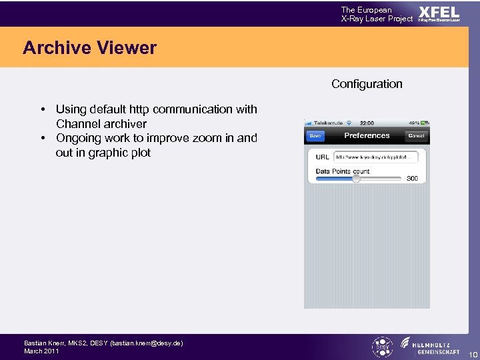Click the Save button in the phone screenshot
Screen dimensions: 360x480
tap(315, 136)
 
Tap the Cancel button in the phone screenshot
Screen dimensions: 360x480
tap(416, 136)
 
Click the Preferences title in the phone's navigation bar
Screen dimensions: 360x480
tap(367, 135)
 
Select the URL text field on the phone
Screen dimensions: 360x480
tap(376, 157)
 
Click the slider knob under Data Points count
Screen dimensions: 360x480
tap(356, 179)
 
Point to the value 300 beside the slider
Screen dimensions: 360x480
tap(412, 178)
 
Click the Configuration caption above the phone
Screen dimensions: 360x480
tap(367, 84)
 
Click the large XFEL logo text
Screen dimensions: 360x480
tap(439, 12)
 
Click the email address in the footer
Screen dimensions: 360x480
tap(146, 343)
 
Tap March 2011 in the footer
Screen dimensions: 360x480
tap(41, 351)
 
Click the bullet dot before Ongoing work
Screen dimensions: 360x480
tap(42, 139)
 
